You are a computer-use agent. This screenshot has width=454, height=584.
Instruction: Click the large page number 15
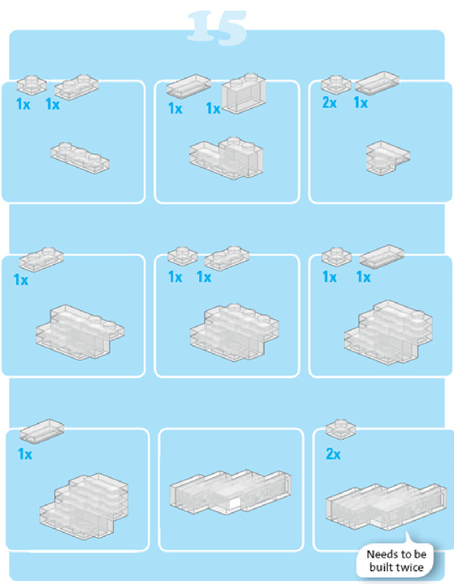pyautogui.click(x=217, y=28)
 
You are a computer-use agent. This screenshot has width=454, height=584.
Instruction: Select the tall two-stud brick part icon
pyautogui.click(x=244, y=93)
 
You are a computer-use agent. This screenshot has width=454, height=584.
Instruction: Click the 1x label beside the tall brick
pyautogui.click(x=213, y=108)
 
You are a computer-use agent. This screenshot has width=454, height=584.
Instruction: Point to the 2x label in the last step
pyautogui.click(x=333, y=454)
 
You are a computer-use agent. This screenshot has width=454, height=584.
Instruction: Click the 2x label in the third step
pyautogui.click(x=330, y=102)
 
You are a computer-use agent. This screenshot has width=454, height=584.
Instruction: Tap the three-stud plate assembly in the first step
pyautogui.click(x=80, y=158)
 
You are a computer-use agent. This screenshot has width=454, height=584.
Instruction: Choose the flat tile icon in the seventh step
pyautogui.click(x=42, y=431)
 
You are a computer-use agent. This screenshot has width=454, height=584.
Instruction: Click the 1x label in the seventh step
pyautogui.click(x=25, y=454)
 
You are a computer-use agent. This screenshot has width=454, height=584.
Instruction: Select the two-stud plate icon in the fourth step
pyautogui.click(x=41, y=260)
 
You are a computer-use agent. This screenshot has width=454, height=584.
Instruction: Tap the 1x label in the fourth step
pyautogui.click(x=21, y=280)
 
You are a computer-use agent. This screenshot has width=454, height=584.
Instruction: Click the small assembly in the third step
pyautogui.click(x=388, y=158)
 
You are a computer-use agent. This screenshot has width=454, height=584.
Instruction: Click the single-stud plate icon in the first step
pyautogui.click(x=32, y=85)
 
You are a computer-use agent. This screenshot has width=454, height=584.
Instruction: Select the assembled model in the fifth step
pyautogui.click(x=234, y=333)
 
